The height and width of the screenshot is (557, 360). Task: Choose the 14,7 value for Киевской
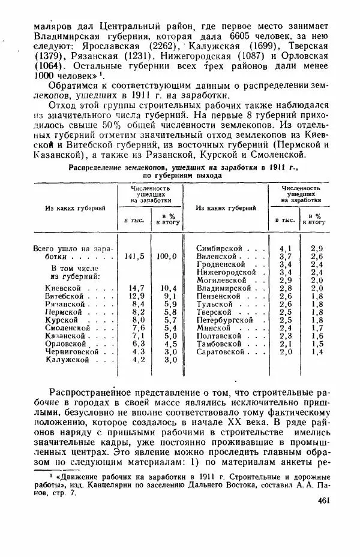[x=137, y=288]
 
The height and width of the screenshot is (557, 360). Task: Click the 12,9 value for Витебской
[x=137, y=296]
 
